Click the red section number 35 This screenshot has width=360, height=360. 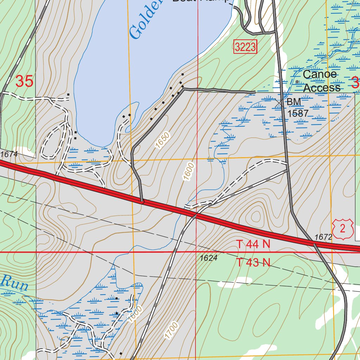click(24, 82)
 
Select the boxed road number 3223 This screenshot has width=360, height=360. click(245, 47)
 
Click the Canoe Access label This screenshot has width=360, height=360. click(321, 81)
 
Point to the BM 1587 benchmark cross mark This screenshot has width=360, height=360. click(279, 102)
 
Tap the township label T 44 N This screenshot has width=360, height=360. click(253, 244)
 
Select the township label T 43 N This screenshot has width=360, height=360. click(253, 262)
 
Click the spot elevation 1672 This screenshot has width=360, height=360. click(323, 237)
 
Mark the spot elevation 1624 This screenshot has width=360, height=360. click(209, 258)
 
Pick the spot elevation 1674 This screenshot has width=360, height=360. click(9, 154)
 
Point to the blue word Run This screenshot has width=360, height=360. click(14, 283)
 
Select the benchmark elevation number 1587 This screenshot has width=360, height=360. click(298, 113)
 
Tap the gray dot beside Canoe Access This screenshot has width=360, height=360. click(297, 82)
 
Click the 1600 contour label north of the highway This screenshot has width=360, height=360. click(188, 171)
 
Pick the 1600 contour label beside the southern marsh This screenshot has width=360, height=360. click(135, 314)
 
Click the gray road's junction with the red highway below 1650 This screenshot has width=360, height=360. click(142, 202)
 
